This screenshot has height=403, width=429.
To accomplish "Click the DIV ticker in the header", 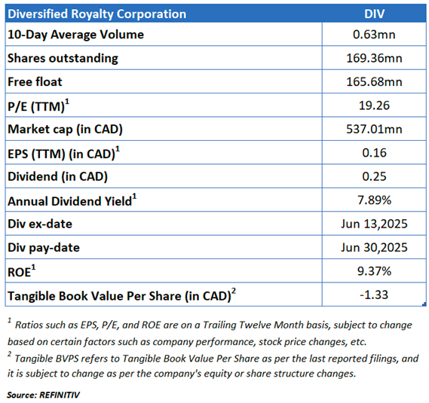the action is pos(374,14).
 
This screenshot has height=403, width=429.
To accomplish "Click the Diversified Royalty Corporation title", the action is pos(97,14).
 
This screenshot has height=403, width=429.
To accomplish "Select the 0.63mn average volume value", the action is pos(374,35).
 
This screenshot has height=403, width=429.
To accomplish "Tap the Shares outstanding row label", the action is pos(63,59).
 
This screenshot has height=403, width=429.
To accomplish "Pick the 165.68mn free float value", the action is pos(374,82).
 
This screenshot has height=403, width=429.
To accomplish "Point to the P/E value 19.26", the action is pos(374,105).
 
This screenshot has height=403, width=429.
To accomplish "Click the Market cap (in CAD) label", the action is pos(65,130).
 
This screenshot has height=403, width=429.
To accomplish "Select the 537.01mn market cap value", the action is pos(374,129).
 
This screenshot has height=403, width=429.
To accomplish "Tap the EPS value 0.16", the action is pos(374,153).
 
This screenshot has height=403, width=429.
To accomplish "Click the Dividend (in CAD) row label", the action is pos(57,176).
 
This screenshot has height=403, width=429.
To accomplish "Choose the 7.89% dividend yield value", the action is pos(374,200).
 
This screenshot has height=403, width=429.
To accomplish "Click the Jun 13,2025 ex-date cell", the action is pos(374,224).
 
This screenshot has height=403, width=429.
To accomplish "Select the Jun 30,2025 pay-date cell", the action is pos(374,247).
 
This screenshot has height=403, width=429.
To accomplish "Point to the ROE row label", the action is pos(22,271).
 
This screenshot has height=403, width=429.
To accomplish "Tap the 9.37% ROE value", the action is pos(374,271).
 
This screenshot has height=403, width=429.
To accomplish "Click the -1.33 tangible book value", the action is pos(374,295).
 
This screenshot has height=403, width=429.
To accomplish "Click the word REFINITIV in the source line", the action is pos(60,395).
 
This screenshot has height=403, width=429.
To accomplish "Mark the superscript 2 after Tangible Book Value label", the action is pos(234,291).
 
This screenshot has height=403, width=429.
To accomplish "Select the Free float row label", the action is pos(35,82).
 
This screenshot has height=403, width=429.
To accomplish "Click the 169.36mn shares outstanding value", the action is pos(374,58).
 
